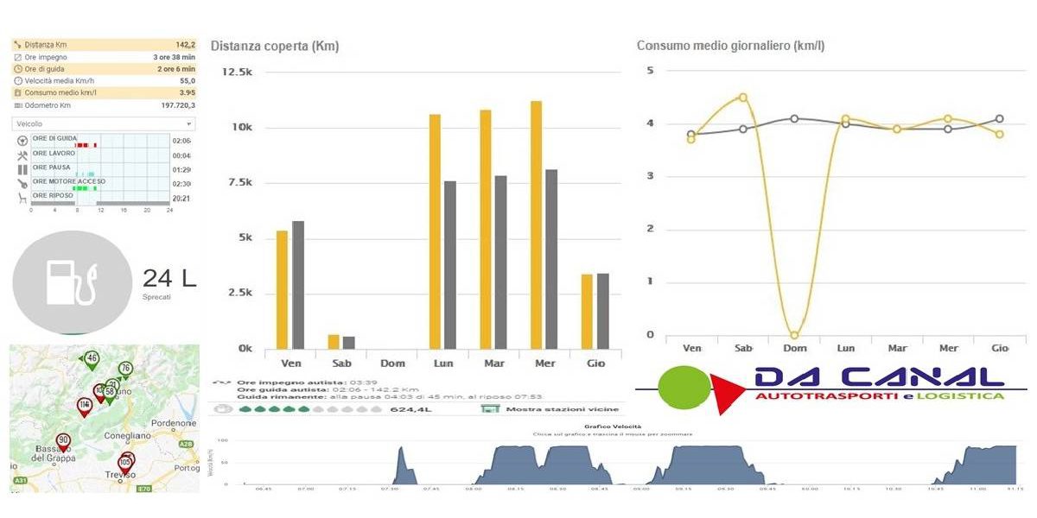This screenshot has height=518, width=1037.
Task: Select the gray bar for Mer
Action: pyautogui.click(x=551, y=259)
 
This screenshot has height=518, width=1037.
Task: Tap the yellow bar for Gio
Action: pyautogui.click(x=587, y=311)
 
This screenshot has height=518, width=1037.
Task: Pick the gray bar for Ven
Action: pyautogui.click(x=298, y=285)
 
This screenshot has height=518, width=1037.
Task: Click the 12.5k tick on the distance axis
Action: pyautogui.click(x=237, y=71)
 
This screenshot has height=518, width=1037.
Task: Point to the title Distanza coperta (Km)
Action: pyautogui.click(x=275, y=46)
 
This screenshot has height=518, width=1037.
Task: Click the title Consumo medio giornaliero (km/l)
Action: pyautogui.click(x=730, y=46)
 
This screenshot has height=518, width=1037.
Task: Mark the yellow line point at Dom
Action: pyautogui.click(x=794, y=335)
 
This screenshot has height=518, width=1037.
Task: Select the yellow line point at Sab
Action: pyautogui.click(x=742, y=98)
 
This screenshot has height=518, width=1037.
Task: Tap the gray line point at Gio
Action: pyautogui.click(x=1000, y=119)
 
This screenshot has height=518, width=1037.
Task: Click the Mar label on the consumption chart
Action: pyautogui.click(x=897, y=348)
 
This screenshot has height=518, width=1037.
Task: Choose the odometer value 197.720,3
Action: pyautogui.click(x=178, y=105)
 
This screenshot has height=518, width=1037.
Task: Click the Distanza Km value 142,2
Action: pyautogui.click(x=185, y=45)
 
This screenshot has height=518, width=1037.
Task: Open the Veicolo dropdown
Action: pyautogui.click(x=104, y=123)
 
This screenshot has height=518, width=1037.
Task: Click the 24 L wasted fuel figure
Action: pyautogui.click(x=169, y=278)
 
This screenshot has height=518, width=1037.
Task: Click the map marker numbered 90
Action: pyautogui.click(x=63, y=441)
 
